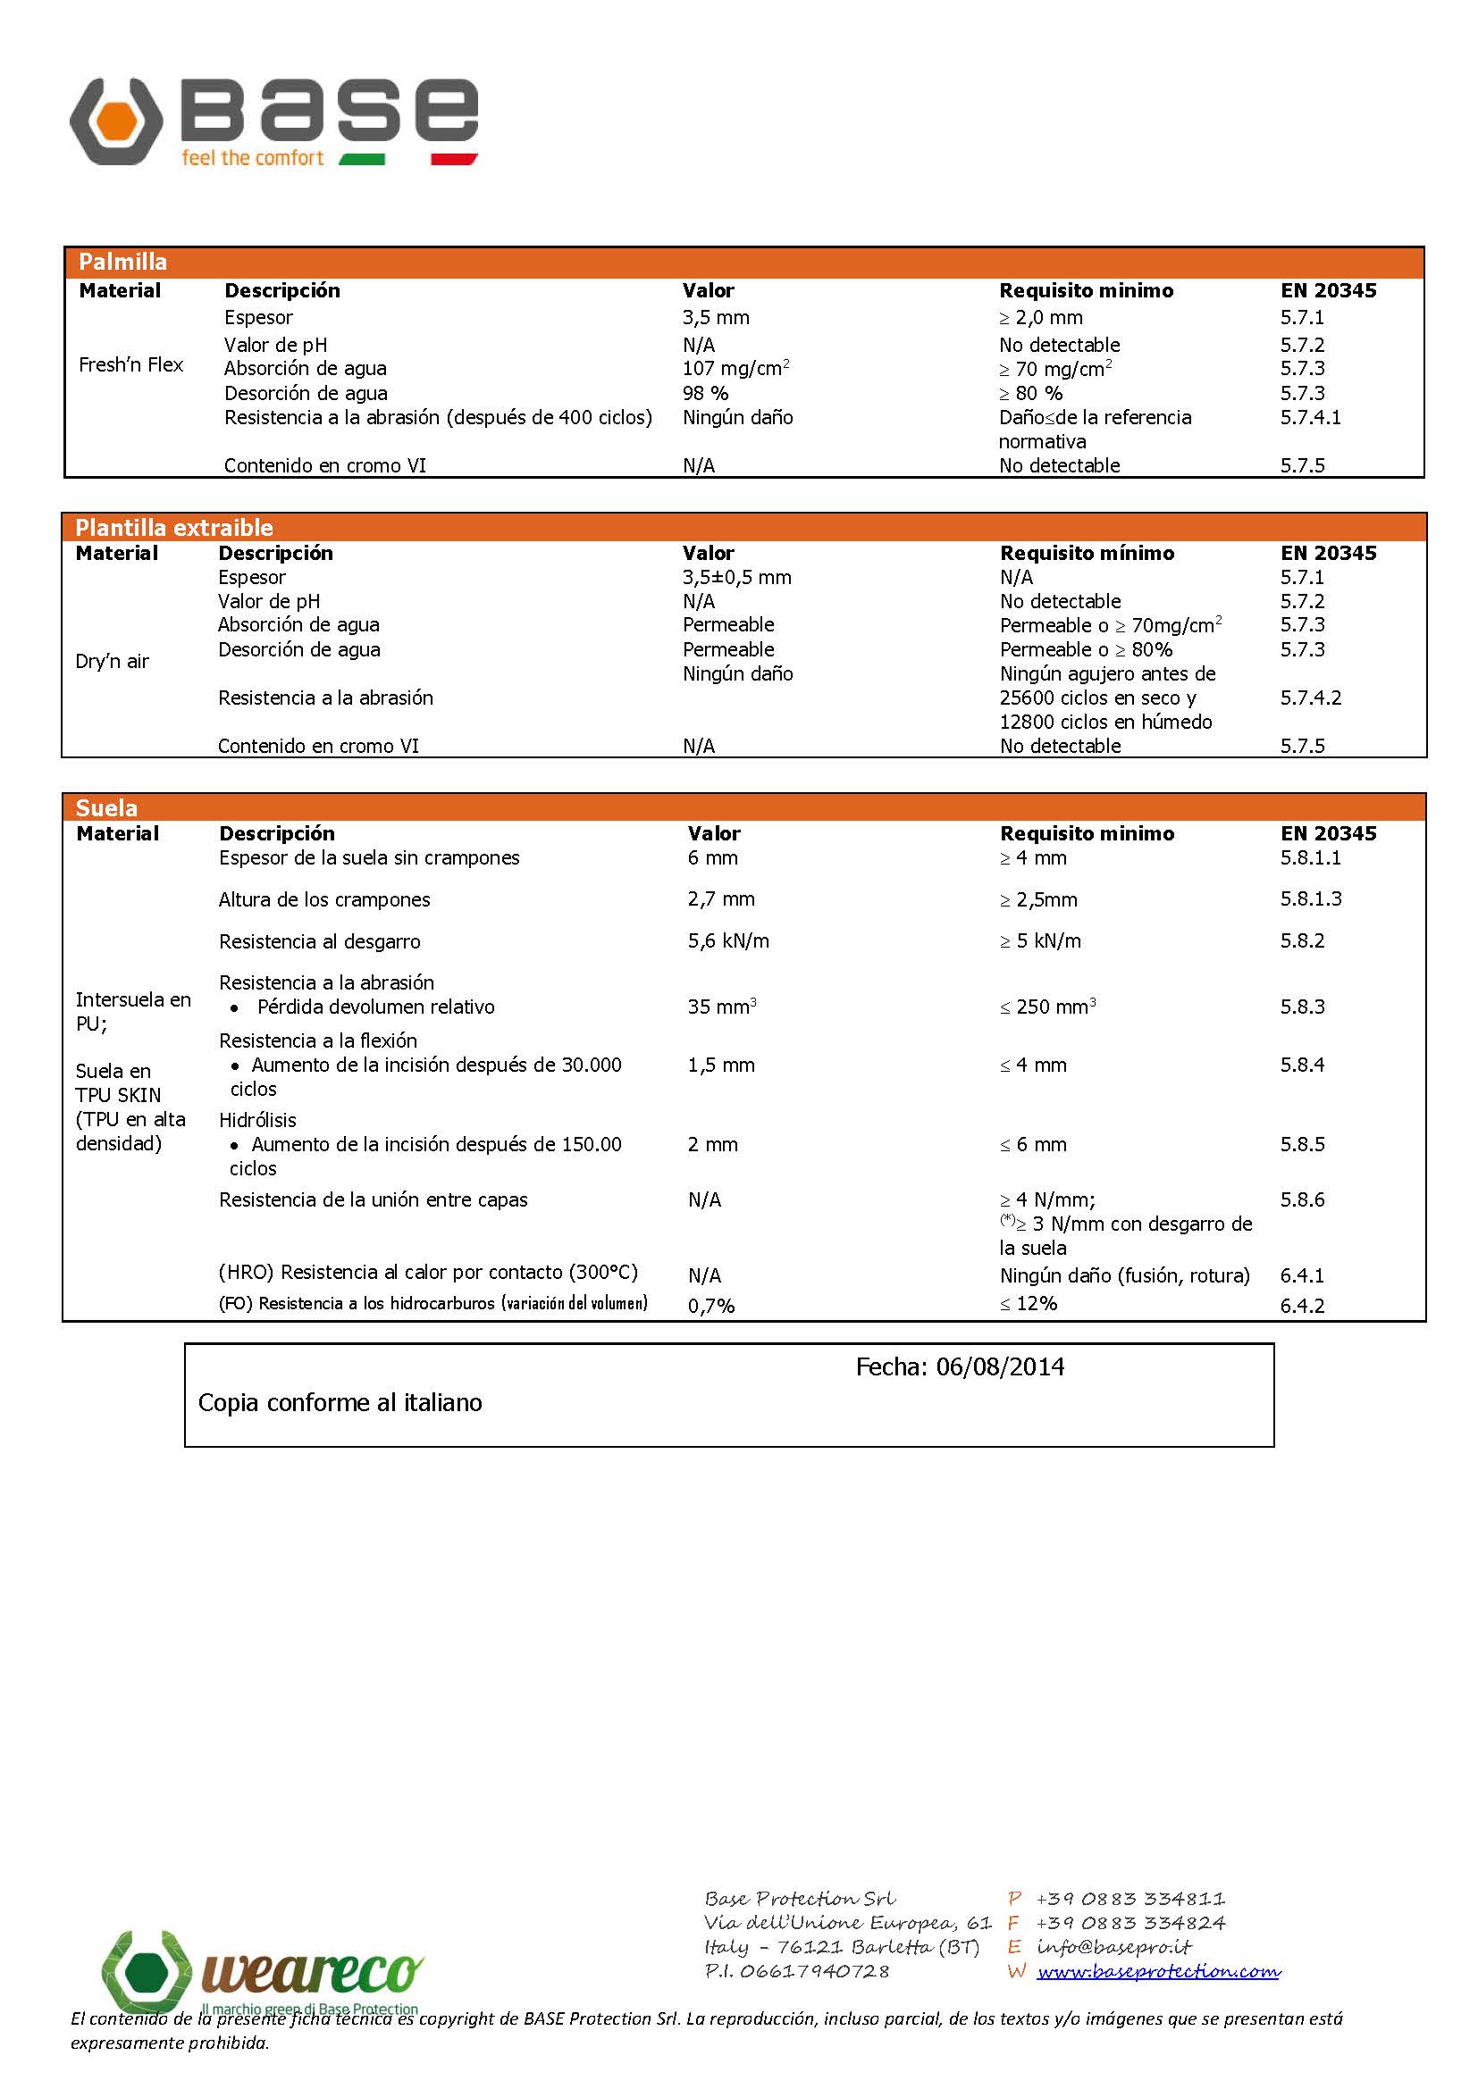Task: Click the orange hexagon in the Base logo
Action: coord(115,121)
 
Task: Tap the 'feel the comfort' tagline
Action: coord(252,158)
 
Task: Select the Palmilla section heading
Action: coord(122,262)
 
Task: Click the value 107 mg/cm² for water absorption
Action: coord(735,369)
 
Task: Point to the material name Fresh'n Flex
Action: coord(131,365)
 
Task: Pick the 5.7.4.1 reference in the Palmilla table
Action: coord(1310,418)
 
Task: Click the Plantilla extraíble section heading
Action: coord(174,528)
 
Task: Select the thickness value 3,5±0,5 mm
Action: coord(736,578)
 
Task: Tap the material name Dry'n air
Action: coord(112,662)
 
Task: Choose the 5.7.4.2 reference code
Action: coord(1311,698)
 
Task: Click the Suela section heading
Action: coord(106,808)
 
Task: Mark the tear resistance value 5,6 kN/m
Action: coord(728,940)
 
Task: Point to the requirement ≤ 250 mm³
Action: coord(1047,1007)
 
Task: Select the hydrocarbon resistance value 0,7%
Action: coord(710,1306)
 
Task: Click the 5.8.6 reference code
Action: coord(1302,1199)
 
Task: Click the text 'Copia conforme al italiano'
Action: coord(340,1403)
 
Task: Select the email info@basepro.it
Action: coord(1113,1947)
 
